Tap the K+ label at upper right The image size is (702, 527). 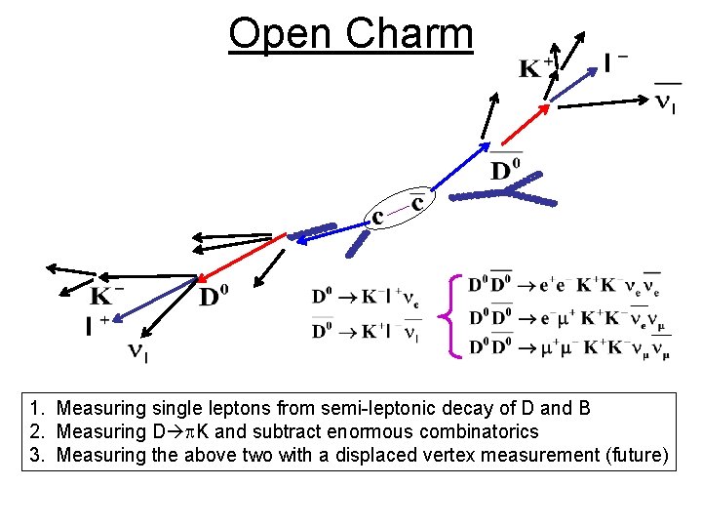[x=536, y=67]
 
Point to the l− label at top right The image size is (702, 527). [x=615, y=63]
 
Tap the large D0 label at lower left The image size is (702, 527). [x=220, y=295]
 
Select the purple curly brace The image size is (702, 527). [x=450, y=313]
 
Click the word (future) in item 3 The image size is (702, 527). [x=635, y=454]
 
